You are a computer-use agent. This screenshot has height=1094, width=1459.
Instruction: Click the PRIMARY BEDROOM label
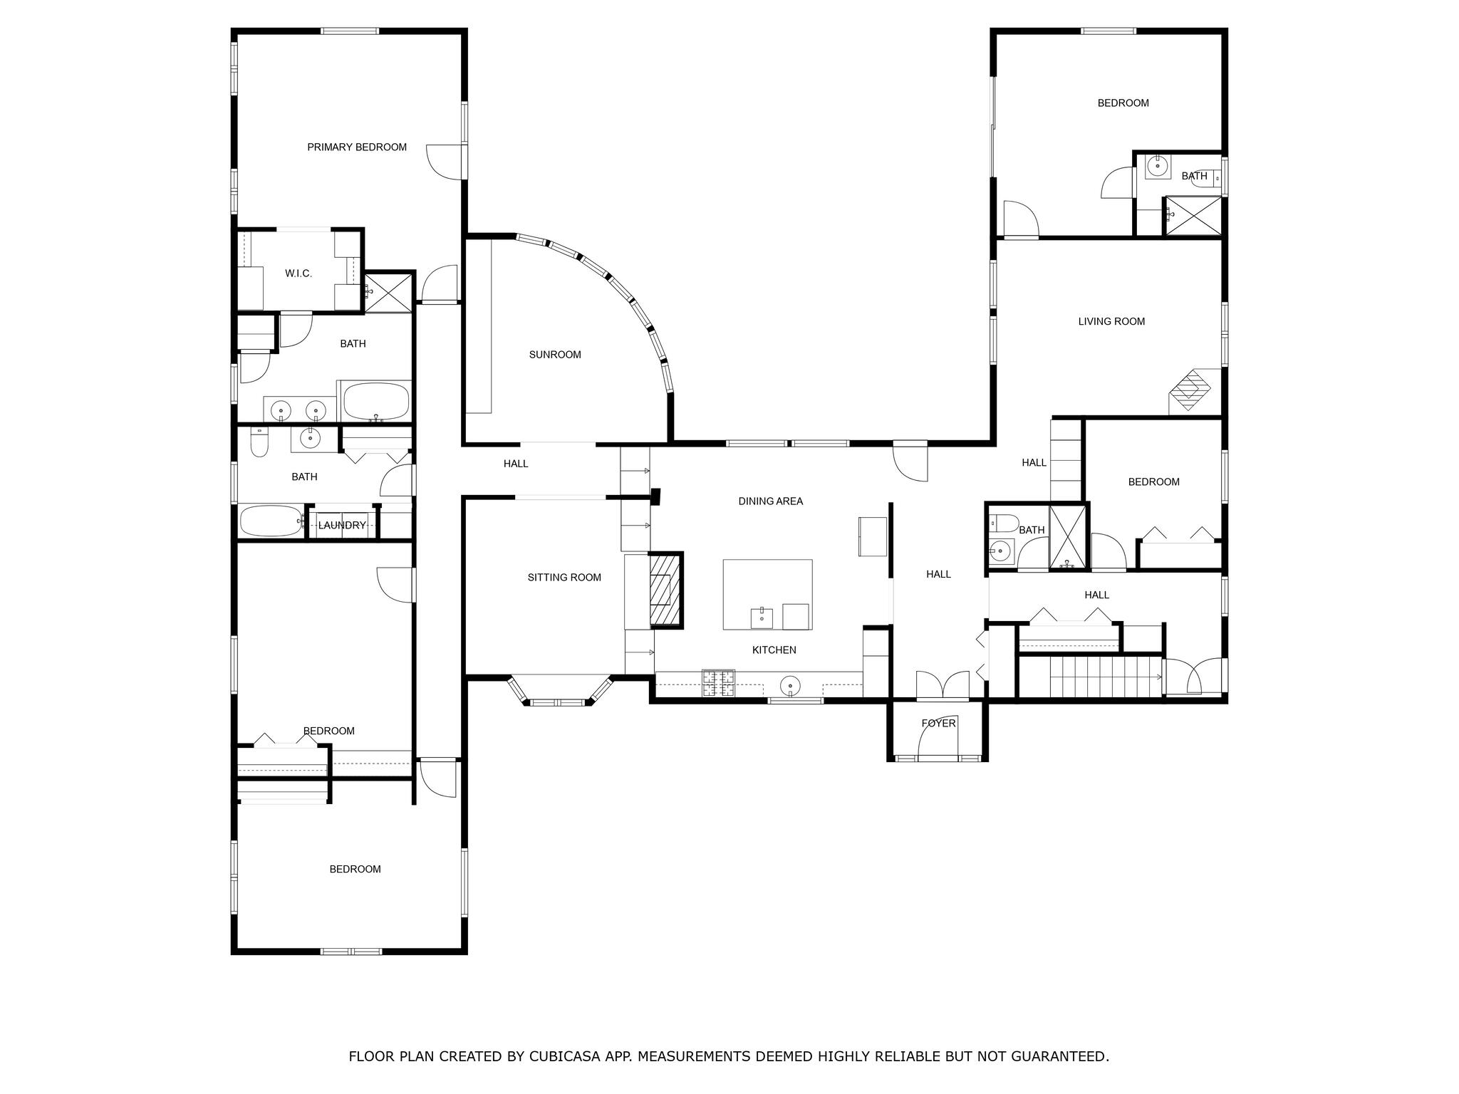pyautogui.click(x=357, y=147)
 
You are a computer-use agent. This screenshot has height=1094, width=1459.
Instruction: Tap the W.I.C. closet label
pyautogui.click(x=298, y=273)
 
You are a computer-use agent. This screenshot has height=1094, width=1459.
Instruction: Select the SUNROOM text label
pyautogui.click(x=555, y=355)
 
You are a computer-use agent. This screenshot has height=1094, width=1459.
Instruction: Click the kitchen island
pyautogui.click(x=767, y=594)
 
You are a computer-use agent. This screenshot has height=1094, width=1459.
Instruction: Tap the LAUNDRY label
pyautogui.click(x=342, y=526)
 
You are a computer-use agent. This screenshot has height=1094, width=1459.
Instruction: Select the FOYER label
pyautogui.click(x=938, y=724)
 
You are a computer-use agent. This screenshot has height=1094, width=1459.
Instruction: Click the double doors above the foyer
pyautogui.click(x=943, y=685)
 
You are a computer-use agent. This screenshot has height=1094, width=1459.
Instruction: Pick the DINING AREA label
pyautogui.click(x=770, y=501)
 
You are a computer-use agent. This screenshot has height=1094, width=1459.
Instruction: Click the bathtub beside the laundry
pyautogui.click(x=271, y=521)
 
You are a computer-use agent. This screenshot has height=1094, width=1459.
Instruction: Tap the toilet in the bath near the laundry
pyautogui.click(x=259, y=444)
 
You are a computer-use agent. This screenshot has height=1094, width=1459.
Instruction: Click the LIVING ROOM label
pyautogui.click(x=1111, y=322)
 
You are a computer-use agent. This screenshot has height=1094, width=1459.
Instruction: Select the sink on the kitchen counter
pyautogui.click(x=790, y=687)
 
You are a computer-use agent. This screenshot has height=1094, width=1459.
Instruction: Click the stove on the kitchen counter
pyautogui.click(x=718, y=683)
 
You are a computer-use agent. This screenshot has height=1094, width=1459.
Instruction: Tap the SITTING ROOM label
pyautogui.click(x=564, y=578)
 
